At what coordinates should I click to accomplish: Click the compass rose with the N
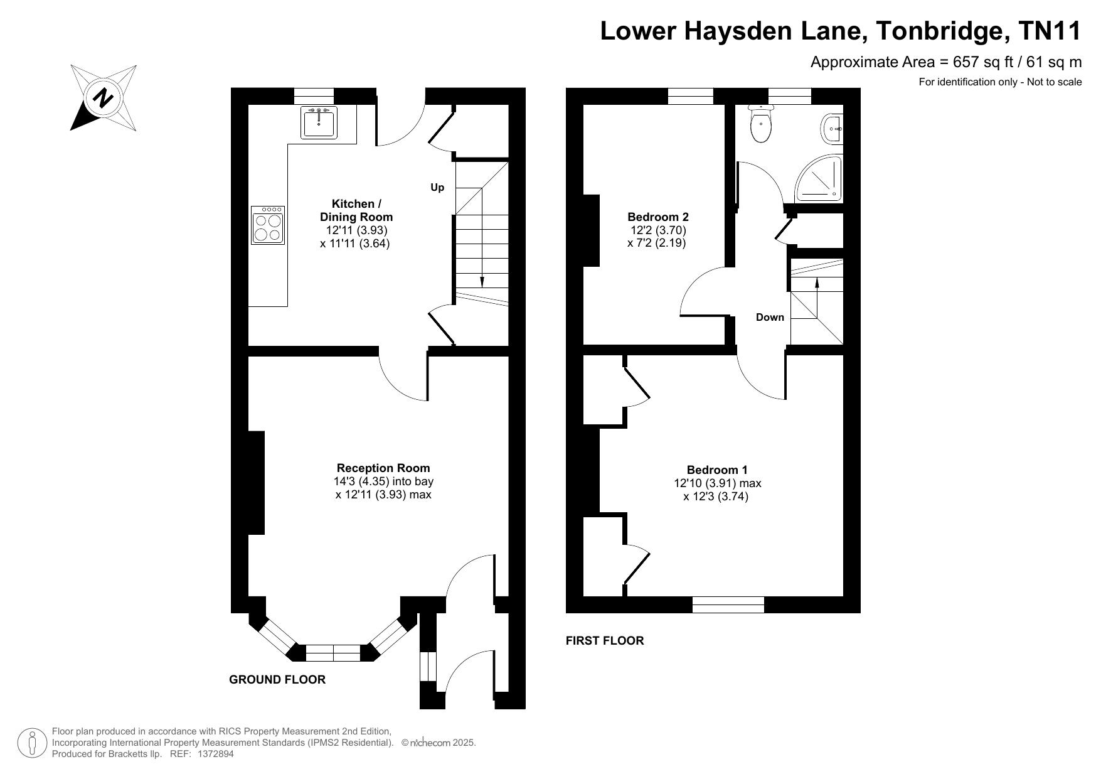(x=104, y=98)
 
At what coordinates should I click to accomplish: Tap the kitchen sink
(x=320, y=122)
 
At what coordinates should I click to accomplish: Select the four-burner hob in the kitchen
(x=268, y=225)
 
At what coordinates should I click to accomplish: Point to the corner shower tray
(x=819, y=178)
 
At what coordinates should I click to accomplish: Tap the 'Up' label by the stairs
(x=437, y=187)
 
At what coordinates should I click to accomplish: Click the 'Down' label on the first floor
(x=770, y=317)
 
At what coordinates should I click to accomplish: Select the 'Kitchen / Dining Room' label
(x=356, y=210)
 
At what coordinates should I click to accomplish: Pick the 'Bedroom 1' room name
(x=717, y=470)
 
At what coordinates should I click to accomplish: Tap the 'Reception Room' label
(x=383, y=468)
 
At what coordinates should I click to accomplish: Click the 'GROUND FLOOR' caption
(x=277, y=679)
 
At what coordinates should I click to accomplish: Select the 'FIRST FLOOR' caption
(x=605, y=640)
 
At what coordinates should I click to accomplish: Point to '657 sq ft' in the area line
(x=982, y=62)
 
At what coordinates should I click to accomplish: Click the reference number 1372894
(x=216, y=754)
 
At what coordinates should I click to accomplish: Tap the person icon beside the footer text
(x=32, y=743)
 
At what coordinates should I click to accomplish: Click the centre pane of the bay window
(x=333, y=653)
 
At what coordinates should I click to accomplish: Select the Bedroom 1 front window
(x=728, y=604)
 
